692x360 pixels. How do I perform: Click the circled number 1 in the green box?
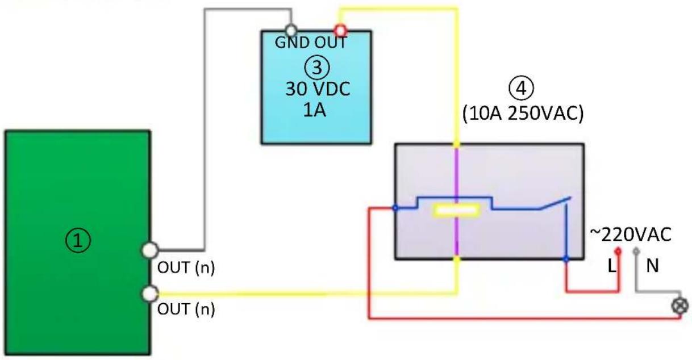78,241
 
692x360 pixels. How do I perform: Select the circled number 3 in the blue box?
317,68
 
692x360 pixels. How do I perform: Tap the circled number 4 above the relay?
521,89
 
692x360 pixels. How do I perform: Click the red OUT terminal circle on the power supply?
340,31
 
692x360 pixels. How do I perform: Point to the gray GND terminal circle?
291,31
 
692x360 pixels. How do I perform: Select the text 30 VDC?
318,89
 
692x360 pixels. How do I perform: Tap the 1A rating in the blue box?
315,110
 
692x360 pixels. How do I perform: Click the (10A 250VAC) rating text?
523,114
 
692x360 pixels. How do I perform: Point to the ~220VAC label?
631,235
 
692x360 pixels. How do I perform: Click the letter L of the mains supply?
612,266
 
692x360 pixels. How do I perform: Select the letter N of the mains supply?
652,266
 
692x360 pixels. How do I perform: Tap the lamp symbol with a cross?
680,306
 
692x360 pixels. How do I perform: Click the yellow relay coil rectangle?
456,211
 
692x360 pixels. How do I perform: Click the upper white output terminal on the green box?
150,250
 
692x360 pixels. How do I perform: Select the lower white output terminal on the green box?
150,294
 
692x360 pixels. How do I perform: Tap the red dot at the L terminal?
618,252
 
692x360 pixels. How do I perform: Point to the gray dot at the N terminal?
636,252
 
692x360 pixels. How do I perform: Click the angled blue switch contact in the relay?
556,203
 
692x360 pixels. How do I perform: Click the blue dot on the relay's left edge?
395,208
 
